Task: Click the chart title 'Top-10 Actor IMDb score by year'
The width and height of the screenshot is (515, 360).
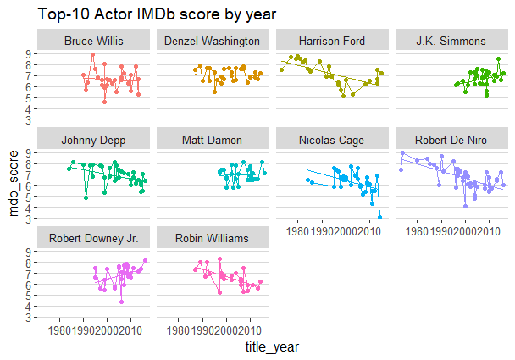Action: [x=145, y=14]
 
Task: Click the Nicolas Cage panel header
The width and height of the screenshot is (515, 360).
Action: [x=333, y=139]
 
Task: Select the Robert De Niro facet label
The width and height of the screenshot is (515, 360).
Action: [x=451, y=139]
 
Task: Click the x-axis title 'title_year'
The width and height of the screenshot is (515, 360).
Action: [x=272, y=347]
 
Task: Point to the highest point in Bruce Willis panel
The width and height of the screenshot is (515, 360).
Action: [x=93, y=55]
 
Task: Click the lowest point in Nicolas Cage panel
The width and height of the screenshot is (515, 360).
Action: [x=380, y=217]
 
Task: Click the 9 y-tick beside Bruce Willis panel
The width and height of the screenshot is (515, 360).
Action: [x=31, y=54]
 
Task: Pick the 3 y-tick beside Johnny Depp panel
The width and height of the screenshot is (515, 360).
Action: [x=31, y=219]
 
